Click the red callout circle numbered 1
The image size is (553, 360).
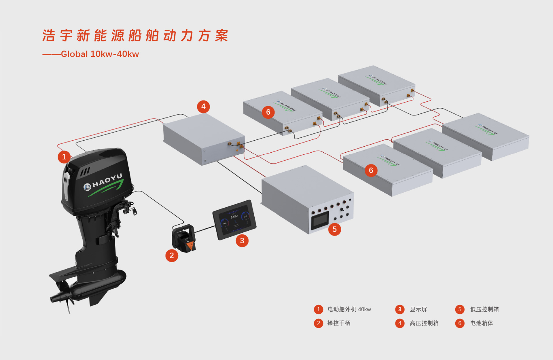point(64,157)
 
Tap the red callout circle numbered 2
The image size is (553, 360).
point(172,255)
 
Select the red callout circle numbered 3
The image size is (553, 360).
point(242,240)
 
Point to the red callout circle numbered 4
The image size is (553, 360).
point(203,107)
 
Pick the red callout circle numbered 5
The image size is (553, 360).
point(334,229)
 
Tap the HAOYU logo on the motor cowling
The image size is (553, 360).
point(104,184)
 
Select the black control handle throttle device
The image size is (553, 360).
point(184,238)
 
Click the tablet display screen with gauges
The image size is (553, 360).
point(234,219)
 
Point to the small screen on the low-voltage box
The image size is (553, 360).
point(320,221)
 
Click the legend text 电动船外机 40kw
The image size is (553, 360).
point(349,309)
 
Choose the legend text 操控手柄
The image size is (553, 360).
point(339,323)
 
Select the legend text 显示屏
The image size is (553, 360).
point(418,309)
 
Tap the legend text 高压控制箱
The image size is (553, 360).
point(424,323)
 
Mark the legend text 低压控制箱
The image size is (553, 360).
point(484,309)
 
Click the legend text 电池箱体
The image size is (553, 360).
point(482,323)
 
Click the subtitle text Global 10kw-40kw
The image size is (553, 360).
point(100,54)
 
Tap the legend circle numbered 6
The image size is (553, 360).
point(460,323)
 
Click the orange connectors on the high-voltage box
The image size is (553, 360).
point(235,144)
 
